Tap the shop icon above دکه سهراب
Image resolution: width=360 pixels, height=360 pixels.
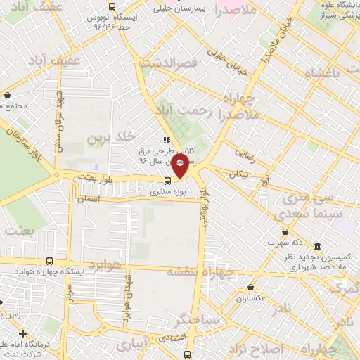tap(285, 231)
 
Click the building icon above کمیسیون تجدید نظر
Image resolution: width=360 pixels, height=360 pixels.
tap(318, 247)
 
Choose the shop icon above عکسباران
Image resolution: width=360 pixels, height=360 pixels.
tap(252, 287)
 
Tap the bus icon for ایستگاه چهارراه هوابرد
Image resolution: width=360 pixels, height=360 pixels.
tap(49, 261)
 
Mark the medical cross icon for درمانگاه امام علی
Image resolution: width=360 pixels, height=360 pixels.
tap(23, 333)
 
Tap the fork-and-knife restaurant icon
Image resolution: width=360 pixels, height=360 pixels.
tap(166, 139)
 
